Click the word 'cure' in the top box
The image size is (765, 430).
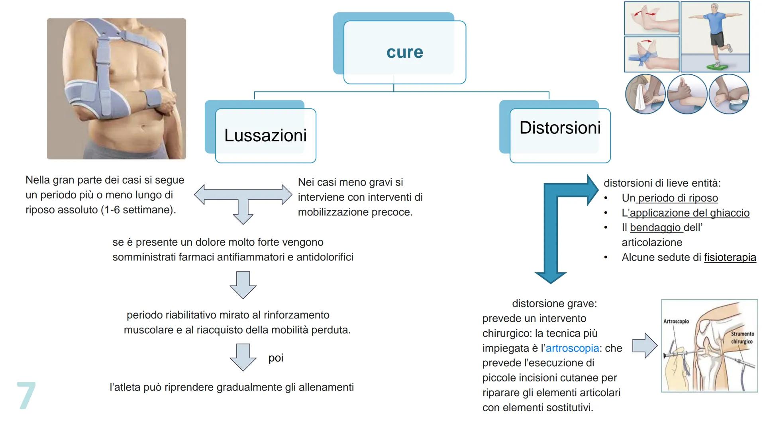click(x=404, y=52)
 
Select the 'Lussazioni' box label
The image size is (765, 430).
click(x=265, y=135)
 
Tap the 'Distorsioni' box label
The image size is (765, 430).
click(x=560, y=128)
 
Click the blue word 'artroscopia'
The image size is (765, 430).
click(x=572, y=348)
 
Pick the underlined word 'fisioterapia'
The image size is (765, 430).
click(x=730, y=258)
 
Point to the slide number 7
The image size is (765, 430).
click(x=26, y=395)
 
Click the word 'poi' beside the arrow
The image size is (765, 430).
click(x=276, y=358)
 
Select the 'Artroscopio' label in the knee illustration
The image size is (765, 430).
click(x=676, y=321)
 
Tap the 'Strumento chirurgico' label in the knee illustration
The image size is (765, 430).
click(x=742, y=338)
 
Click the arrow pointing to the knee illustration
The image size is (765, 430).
click(x=644, y=346)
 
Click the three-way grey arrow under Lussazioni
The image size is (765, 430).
click(x=243, y=199)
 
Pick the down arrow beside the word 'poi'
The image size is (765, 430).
click(x=243, y=357)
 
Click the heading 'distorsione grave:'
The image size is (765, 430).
click(x=554, y=304)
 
